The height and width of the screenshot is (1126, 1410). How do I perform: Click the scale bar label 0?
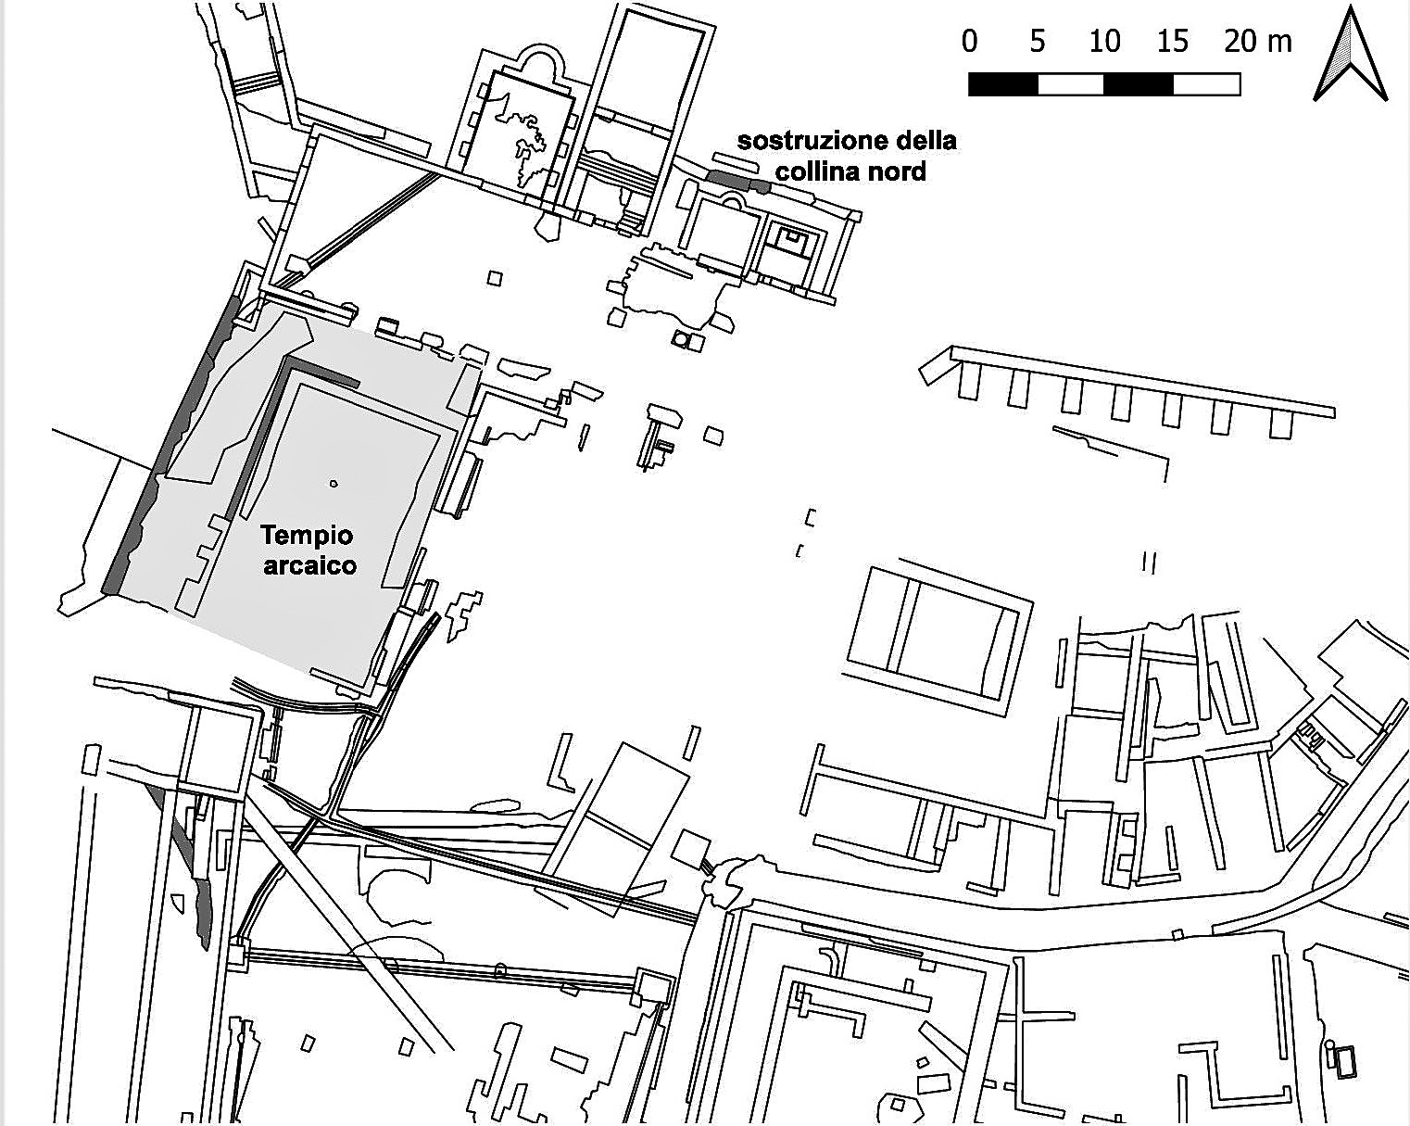pyautogui.click(x=969, y=42)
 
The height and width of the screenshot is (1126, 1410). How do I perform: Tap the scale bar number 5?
pyautogui.click(x=1038, y=42)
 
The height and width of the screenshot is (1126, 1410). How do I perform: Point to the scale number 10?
pyautogui.click(x=1104, y=42)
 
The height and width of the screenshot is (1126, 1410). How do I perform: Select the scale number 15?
pyautogui.click(x=1172, y=42)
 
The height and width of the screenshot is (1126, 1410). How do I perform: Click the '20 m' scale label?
pyautogui.click(x=1258, y=42)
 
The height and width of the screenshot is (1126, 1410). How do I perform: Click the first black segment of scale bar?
pyautogui.click(x=1003, y=84)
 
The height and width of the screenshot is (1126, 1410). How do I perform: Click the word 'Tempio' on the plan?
pyautogui.click(x=307, y=537)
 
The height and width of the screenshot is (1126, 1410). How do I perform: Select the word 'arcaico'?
pyautogui.click(x=310, y=565)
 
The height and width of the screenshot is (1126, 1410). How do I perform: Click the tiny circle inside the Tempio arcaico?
pyautogui.click(x=334, y=485)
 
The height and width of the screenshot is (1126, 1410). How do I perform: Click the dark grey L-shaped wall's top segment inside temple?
pyautogui.click(x=321, y=371)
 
